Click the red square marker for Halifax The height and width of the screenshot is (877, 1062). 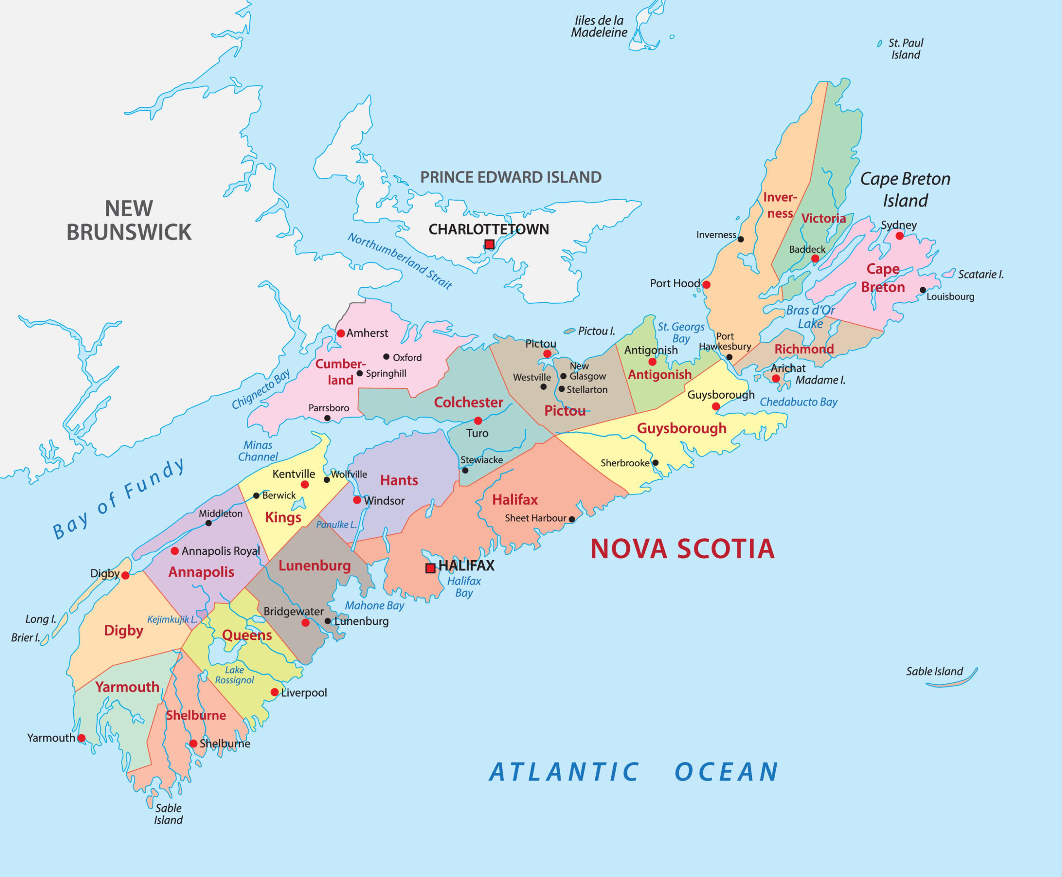(x=430, y=568)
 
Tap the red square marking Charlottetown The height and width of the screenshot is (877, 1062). (x=489, y=244)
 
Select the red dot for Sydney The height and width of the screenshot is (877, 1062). (x=899, y=236)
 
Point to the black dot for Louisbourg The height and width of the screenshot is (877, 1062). (x=923, y=290)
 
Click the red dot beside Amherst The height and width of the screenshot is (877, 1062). (x=341, y=334)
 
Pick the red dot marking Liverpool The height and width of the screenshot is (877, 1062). (x=274, y=692)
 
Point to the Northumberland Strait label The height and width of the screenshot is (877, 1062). (x=399, y=261)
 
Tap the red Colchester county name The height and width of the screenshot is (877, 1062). (x=468, y=403)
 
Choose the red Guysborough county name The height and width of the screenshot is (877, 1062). (x=681, y=428)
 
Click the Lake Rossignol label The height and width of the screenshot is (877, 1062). (x=235, y=675)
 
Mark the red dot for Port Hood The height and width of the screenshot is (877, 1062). (x=707, y=285)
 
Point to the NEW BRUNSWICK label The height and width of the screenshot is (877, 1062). (x=129, y=220)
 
